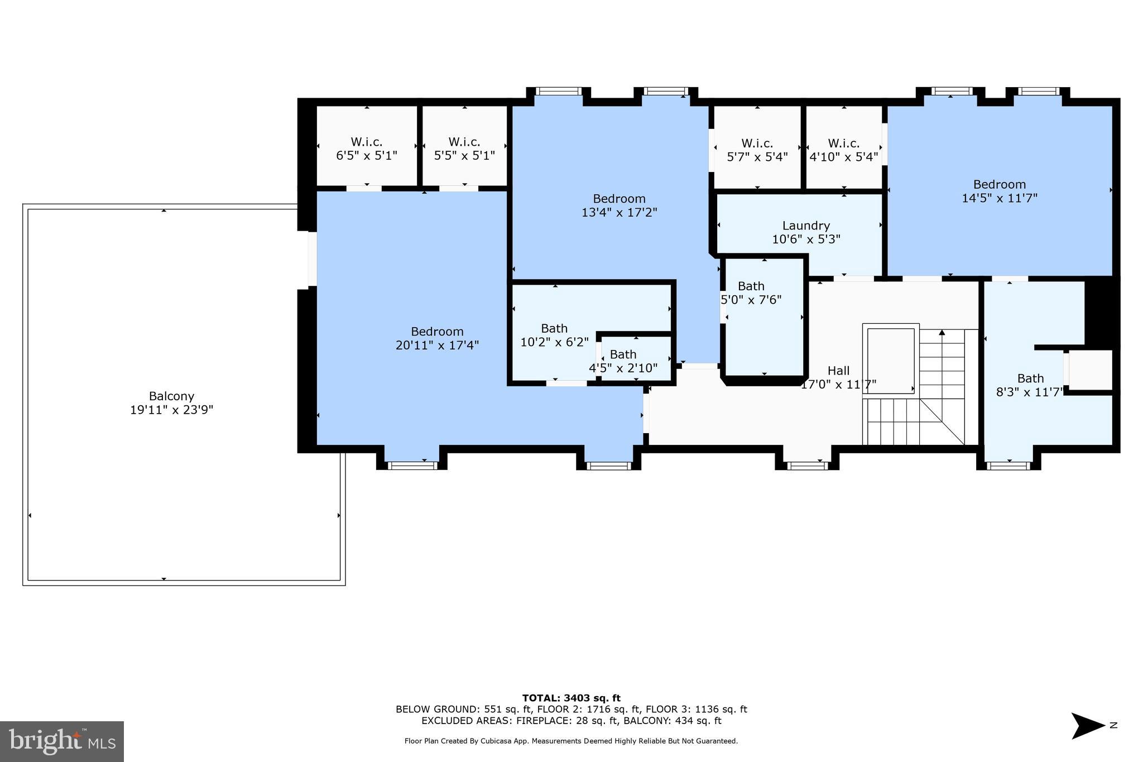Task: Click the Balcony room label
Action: click(x=171, y=396)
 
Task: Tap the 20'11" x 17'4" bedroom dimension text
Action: click(x=437, y=346)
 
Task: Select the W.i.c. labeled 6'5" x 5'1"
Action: click(x=366, y=148)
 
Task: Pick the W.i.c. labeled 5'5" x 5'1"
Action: click(x=464, y=148)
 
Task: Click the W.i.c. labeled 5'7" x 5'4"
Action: click(x=757, y=150)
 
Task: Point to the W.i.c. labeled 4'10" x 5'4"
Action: click(x=844, y=150)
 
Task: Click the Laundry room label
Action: click(x=806, y=226)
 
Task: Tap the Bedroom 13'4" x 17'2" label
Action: click(x=619, y=205)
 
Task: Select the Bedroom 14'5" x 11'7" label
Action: click(x=999, y=191)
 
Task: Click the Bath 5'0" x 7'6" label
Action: click(x=751, y=293)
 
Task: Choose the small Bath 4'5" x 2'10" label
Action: click(x=623, y=361)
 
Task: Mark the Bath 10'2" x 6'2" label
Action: click(x=554, y=335)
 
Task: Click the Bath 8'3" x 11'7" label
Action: click(x=1030, y=385)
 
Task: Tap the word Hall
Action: click(x=838, y=371)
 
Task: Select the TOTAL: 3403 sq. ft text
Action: click(x=571, y=698)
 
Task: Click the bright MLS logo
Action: click(x=62, y=741)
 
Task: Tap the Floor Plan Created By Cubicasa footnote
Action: click(x=571, y=741)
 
